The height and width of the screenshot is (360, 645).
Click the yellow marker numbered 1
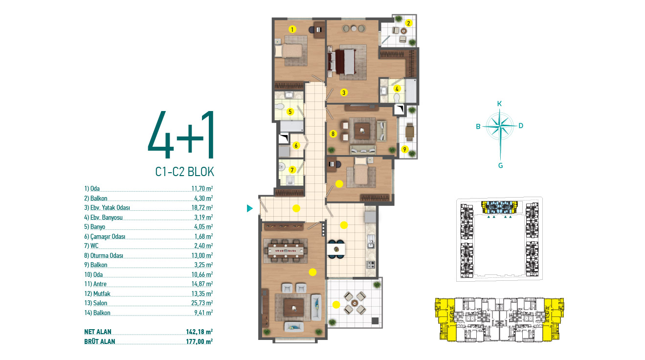tap(292, 29)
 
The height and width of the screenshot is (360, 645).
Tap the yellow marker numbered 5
tap(290, 112)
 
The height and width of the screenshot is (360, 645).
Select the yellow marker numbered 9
tap(404, 149)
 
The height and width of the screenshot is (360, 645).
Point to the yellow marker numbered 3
tap(343, 92)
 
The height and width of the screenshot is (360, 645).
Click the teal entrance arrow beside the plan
tap(250, 208)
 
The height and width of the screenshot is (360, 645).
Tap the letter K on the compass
tap(500, 104)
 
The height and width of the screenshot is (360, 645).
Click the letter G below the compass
tap(500, 166)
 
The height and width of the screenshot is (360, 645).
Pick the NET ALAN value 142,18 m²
tap(199, 332)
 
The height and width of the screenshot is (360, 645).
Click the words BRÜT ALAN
tap(100, 341)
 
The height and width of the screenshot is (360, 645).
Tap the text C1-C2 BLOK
tap(184, 172)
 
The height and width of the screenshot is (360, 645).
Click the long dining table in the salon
tap(286, 250)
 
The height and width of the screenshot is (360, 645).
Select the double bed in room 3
tap(343, 62)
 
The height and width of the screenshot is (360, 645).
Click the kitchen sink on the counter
tap(371, 241)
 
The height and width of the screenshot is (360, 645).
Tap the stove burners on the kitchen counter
tap(370, 265)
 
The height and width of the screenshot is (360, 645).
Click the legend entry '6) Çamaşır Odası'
tap(105, 236)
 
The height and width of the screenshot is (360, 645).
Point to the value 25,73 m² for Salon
tap(202, 303)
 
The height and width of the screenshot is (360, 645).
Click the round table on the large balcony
tap(355, 302)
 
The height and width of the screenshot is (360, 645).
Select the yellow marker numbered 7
tap(292, 170)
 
